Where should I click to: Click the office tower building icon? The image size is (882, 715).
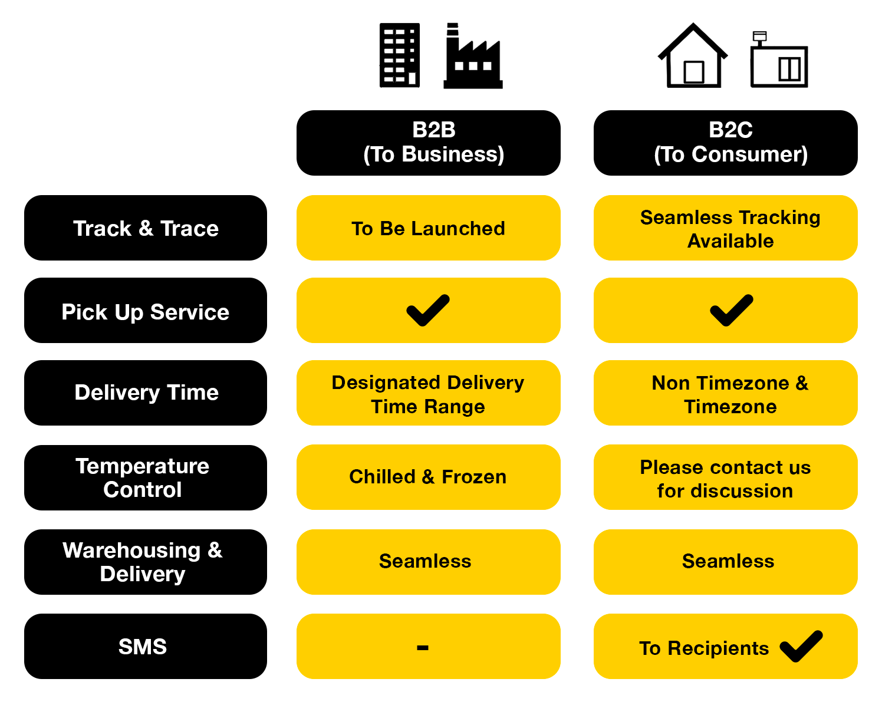click(x=399, y=55)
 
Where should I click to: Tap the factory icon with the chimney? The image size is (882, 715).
click(x=472, y=56)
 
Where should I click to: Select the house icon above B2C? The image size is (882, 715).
click(x=692, y=55)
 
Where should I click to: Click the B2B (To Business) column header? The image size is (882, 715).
click(x=428, y=143)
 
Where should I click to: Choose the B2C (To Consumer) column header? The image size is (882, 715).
click(x=725, y=143)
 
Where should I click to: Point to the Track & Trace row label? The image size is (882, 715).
click(x=146, y=228)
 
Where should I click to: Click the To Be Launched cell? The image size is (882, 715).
click(x=428, y=228)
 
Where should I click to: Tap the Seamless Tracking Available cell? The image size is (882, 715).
click(x=725, y=228)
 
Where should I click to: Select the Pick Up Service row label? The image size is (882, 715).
click(x=146, y=310)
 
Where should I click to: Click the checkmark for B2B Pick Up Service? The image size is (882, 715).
click(x=428, y=311)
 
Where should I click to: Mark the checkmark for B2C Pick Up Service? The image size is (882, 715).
click(x=731, y=311)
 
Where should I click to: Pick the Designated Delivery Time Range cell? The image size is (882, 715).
click(x=428, y=393)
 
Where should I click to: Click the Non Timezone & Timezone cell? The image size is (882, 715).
click(x=725, y=393)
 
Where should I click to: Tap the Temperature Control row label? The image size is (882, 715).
click(x=146, y=477)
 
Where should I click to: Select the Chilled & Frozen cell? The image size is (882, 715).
click(x=428, y=477)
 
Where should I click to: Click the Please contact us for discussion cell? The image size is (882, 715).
click(x=725, y=477)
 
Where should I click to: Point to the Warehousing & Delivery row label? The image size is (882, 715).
click(x=146, y=562)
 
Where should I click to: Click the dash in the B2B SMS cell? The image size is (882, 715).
click(x=422, y=648)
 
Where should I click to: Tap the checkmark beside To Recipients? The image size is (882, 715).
click(x=801, y=646)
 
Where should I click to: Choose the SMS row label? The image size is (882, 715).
click(x=146, y=646)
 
